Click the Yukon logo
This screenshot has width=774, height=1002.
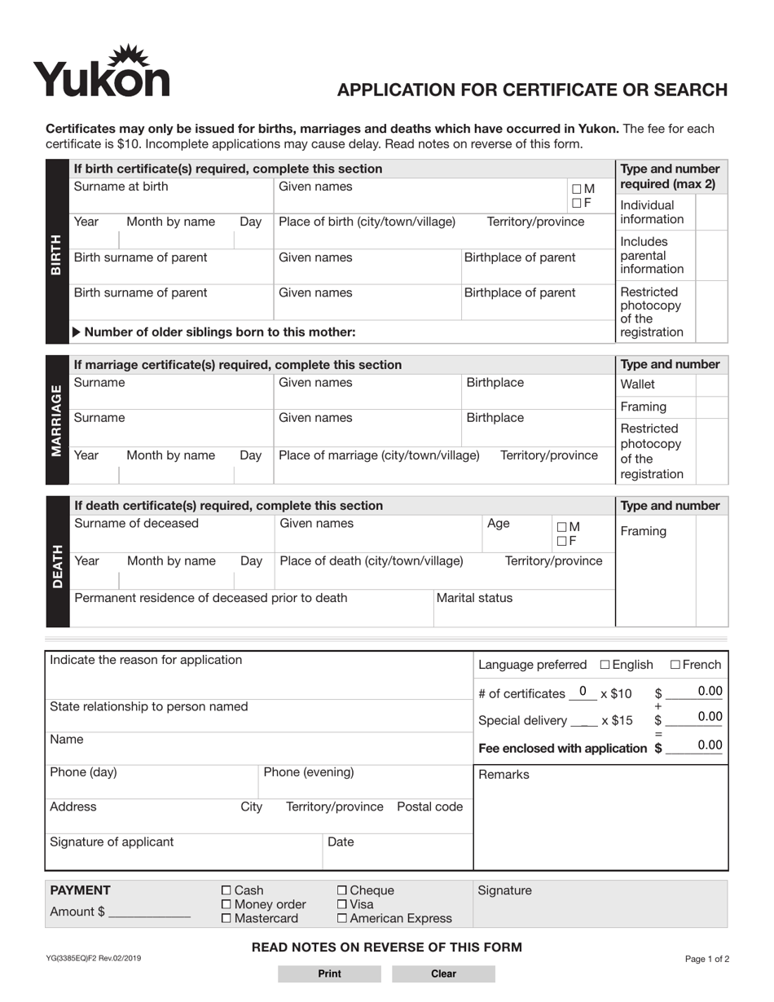pyautogui.click(x=101, y=72)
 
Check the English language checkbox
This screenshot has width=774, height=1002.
pyautogui.click(x=605, y=665)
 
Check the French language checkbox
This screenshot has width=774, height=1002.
pyautogui.click(x=675, y=665)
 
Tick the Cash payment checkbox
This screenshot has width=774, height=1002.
pyautogui.click(x=226, y=891)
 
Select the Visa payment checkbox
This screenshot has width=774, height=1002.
pyautogui.click(x=342, y=905)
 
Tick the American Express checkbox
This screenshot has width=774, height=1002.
pyautogui.click(x=342, y=919)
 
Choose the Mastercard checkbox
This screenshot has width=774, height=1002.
pyautogui.click(x=226, y=919)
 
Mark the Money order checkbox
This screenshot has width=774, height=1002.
pyautogui.click(x=226, y=905)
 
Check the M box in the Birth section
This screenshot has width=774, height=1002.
pyautogui.click(x=577, y=189)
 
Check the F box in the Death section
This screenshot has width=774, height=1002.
pyautogui.click(x=561, y=541)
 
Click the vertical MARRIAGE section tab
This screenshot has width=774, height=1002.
pyautogui.click(x=57, y=420)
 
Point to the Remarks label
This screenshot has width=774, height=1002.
pyautogui.click(x=504, y=775)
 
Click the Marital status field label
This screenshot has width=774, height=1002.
pyautogui.click(x=475, y=598)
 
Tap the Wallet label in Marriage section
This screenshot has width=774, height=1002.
pyautogui.click(x=637, y=384)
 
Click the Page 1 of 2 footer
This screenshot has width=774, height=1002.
pyautogui.click(x=707, y=960)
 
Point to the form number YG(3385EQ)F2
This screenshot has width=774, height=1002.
pyautogui.click(x=93, y=959)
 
